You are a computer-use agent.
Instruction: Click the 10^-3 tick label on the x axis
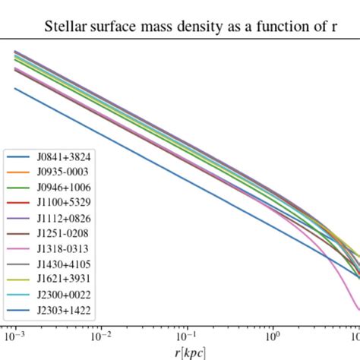(14, 336)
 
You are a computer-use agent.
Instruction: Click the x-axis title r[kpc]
(189, 352)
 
